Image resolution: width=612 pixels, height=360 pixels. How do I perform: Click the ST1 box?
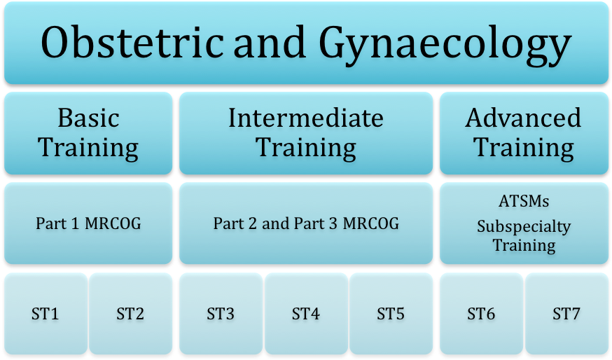(46, 314)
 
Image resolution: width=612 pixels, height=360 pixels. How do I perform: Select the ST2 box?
(130, 314)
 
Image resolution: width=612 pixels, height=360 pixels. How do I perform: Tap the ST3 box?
(221, 314)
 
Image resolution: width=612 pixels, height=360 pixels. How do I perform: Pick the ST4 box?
(306, 314)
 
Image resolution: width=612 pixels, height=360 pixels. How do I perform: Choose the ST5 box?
(391, 314)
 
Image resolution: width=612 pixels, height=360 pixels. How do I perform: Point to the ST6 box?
(481, 314)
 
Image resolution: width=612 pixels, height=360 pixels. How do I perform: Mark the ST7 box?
(566, 314)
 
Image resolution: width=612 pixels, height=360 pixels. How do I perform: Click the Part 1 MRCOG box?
(88, 223)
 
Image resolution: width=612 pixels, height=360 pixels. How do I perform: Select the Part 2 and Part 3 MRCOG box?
(306, 223)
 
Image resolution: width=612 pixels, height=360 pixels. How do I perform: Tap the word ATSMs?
(524, 202)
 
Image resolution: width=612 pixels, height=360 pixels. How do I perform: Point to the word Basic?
(88, 118)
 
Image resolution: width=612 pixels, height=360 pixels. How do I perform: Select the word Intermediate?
(306, 118)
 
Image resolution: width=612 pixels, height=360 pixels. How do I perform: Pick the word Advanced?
(524, 118)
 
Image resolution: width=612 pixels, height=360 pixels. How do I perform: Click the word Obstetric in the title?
(131, 43)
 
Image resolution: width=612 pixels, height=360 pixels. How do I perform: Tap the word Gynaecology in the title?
(445, 43)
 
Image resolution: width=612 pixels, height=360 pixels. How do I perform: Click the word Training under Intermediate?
(306, 148)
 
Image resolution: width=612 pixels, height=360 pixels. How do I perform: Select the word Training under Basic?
(88, 148)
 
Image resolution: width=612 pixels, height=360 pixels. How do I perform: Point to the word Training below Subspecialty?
(524, 245)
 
